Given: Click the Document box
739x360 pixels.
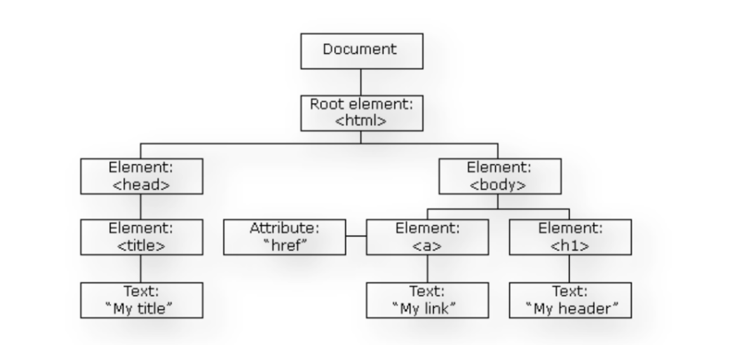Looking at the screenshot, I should coord(360,50).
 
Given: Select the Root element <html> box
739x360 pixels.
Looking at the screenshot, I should coord(360,112).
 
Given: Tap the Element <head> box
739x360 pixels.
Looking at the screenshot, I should coord(140,175).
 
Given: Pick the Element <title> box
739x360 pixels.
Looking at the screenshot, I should coord(140,237).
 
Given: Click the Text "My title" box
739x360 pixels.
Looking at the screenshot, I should coord(140,300).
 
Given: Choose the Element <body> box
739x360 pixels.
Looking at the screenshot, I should coord(497,175).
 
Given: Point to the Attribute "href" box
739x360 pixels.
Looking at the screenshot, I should coord(285,237).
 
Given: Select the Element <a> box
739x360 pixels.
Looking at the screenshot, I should coord(427,237).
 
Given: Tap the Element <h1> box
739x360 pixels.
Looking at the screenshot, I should coord(569,237).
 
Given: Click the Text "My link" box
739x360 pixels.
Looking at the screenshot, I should coord(427,300).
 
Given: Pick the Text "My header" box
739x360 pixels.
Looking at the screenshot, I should coord(569,300).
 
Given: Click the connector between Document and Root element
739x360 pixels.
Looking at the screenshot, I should coord(360,81).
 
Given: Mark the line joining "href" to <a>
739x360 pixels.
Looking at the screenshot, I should coord(356,237).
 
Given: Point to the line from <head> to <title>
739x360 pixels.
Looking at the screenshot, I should coord(140,206).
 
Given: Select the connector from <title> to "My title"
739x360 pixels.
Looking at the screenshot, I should coord(140,268).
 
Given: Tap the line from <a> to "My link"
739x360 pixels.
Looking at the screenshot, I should coord(427,268).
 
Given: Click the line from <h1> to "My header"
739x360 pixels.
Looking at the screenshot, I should coord(569,268).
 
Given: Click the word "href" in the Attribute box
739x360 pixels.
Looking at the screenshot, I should coord(285,245).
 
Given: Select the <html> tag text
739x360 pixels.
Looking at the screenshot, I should coord(360,121).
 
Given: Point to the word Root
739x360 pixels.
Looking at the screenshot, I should coord(327,105).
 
